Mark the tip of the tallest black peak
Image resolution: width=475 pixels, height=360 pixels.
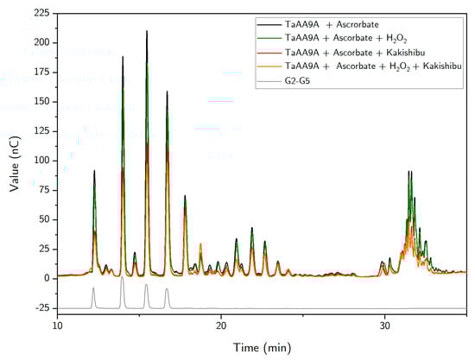click(147, 31)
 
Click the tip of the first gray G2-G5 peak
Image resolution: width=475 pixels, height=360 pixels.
click(94, 288)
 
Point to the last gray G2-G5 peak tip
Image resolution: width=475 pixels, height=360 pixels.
click(167, 288)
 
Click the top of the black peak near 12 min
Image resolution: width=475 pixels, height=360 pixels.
click(94, 171)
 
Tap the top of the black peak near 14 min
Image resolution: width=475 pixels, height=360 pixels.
click(123, 57)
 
